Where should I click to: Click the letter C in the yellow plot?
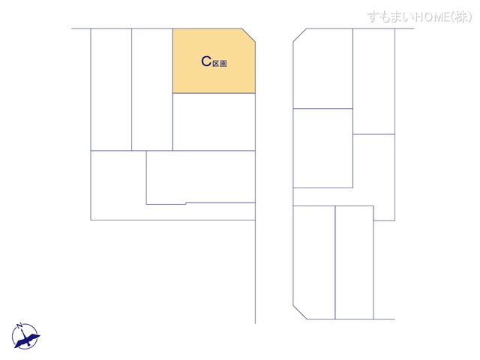206,62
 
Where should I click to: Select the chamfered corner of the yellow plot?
248,36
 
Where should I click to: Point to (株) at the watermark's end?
461,16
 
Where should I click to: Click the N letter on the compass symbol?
21,325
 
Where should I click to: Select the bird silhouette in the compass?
28,338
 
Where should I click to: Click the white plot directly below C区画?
214,121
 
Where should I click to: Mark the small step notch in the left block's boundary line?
185,202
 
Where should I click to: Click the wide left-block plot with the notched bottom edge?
200,176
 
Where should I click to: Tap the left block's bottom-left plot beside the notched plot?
118,185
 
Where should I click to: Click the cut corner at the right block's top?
299,35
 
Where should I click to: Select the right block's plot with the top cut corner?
323,69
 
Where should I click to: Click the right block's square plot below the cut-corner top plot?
322,148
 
